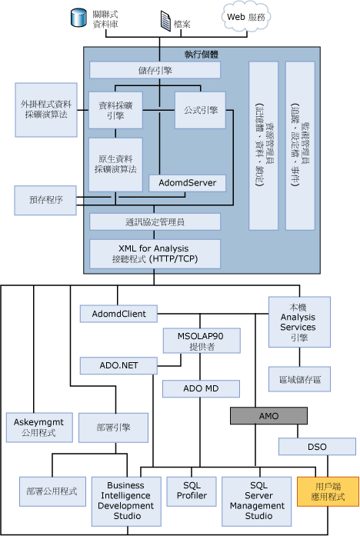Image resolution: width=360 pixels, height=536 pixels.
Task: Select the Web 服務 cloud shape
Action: point(251,18)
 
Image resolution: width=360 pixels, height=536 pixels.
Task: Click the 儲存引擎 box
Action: point(155,70)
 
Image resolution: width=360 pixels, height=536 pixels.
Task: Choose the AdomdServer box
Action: point(188,182)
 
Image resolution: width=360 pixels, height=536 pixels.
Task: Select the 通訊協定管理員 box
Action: point(155,221)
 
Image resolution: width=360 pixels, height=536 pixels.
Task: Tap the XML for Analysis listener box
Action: point(155,253)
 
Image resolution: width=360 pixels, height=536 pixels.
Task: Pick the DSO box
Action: point(316,446)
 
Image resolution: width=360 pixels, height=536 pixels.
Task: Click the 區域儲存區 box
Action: point(299,378)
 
